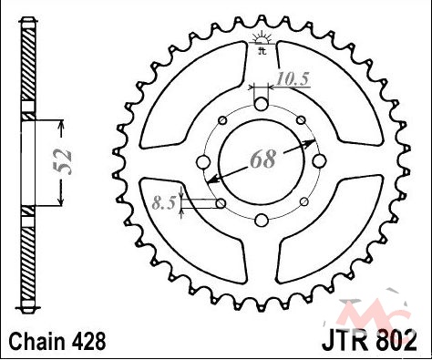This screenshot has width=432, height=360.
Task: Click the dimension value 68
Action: click(x=263, y=159)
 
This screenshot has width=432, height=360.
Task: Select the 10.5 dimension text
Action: click(x=293, y=78)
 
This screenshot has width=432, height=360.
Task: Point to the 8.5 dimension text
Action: click(x=164, y=203)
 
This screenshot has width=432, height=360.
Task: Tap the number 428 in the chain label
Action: click(x=88, y=342)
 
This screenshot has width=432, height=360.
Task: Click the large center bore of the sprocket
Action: click(x=262, y=162)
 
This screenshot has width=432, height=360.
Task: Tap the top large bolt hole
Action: click(x=262, y=104)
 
